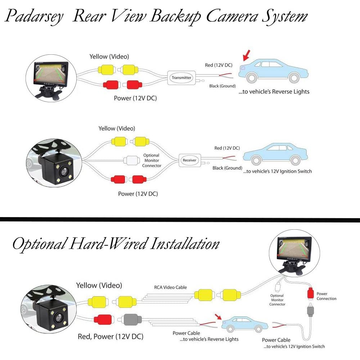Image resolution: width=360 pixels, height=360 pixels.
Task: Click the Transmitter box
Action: tap(181, 78)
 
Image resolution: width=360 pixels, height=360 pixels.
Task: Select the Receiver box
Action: tap(189, 161)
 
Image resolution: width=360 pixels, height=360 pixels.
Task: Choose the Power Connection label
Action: tap(326, 296)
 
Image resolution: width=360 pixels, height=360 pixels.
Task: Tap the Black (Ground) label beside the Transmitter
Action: tap(222, 86)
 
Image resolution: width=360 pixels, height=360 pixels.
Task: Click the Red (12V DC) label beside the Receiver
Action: tap(227, 148)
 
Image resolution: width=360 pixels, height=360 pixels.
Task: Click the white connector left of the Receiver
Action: tap(129, 159)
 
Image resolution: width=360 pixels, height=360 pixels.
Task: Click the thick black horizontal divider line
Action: tap(180, 219)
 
